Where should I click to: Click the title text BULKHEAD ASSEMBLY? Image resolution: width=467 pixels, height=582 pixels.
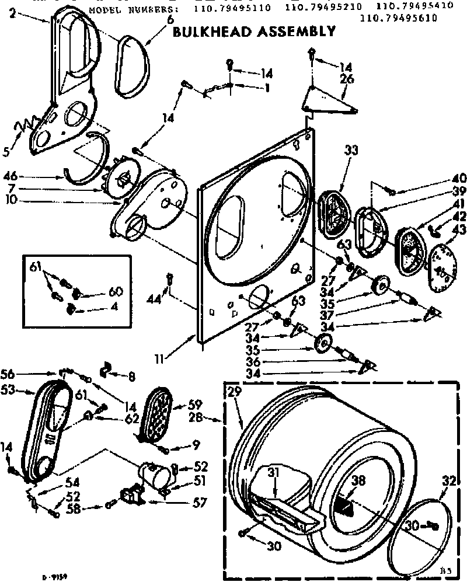coord(254,32)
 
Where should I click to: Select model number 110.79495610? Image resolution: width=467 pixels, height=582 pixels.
coord(398,18)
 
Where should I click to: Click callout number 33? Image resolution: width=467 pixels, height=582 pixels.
coord(350,150)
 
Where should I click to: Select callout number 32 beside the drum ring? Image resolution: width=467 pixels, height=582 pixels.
coord(448,482)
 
